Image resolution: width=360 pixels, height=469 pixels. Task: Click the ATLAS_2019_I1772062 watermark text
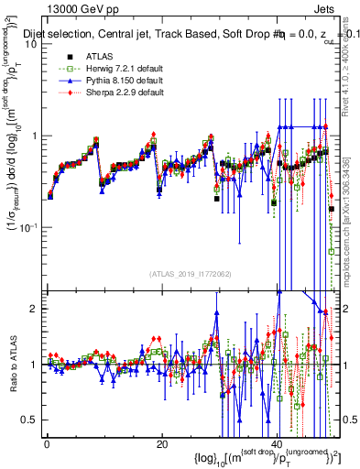coord(191,274)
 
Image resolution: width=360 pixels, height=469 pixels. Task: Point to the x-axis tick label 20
coord(162,443)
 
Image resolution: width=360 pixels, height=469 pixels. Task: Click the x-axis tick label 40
coord(278,443)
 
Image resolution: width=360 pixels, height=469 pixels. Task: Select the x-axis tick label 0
coord(47,443)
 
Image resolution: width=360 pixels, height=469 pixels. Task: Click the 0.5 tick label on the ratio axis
coord(31,420)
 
